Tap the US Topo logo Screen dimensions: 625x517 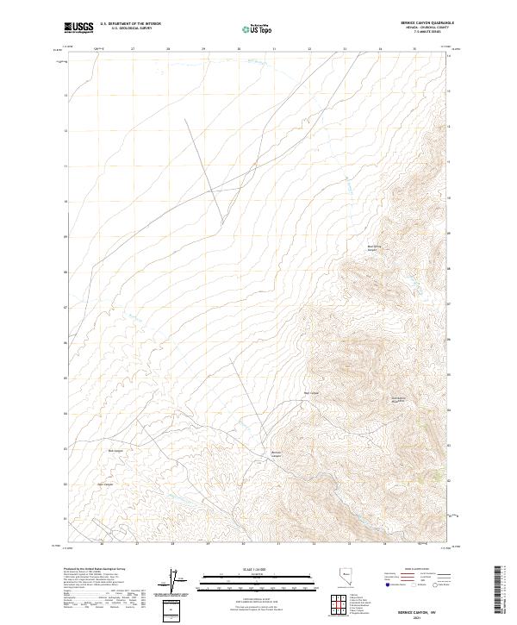click(x=255, y=28)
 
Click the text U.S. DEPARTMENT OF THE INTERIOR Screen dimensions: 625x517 click(x=130, y=23)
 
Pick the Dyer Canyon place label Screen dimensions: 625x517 click(x=105, y=484)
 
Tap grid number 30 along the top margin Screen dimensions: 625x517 click(x=239, y=49)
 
